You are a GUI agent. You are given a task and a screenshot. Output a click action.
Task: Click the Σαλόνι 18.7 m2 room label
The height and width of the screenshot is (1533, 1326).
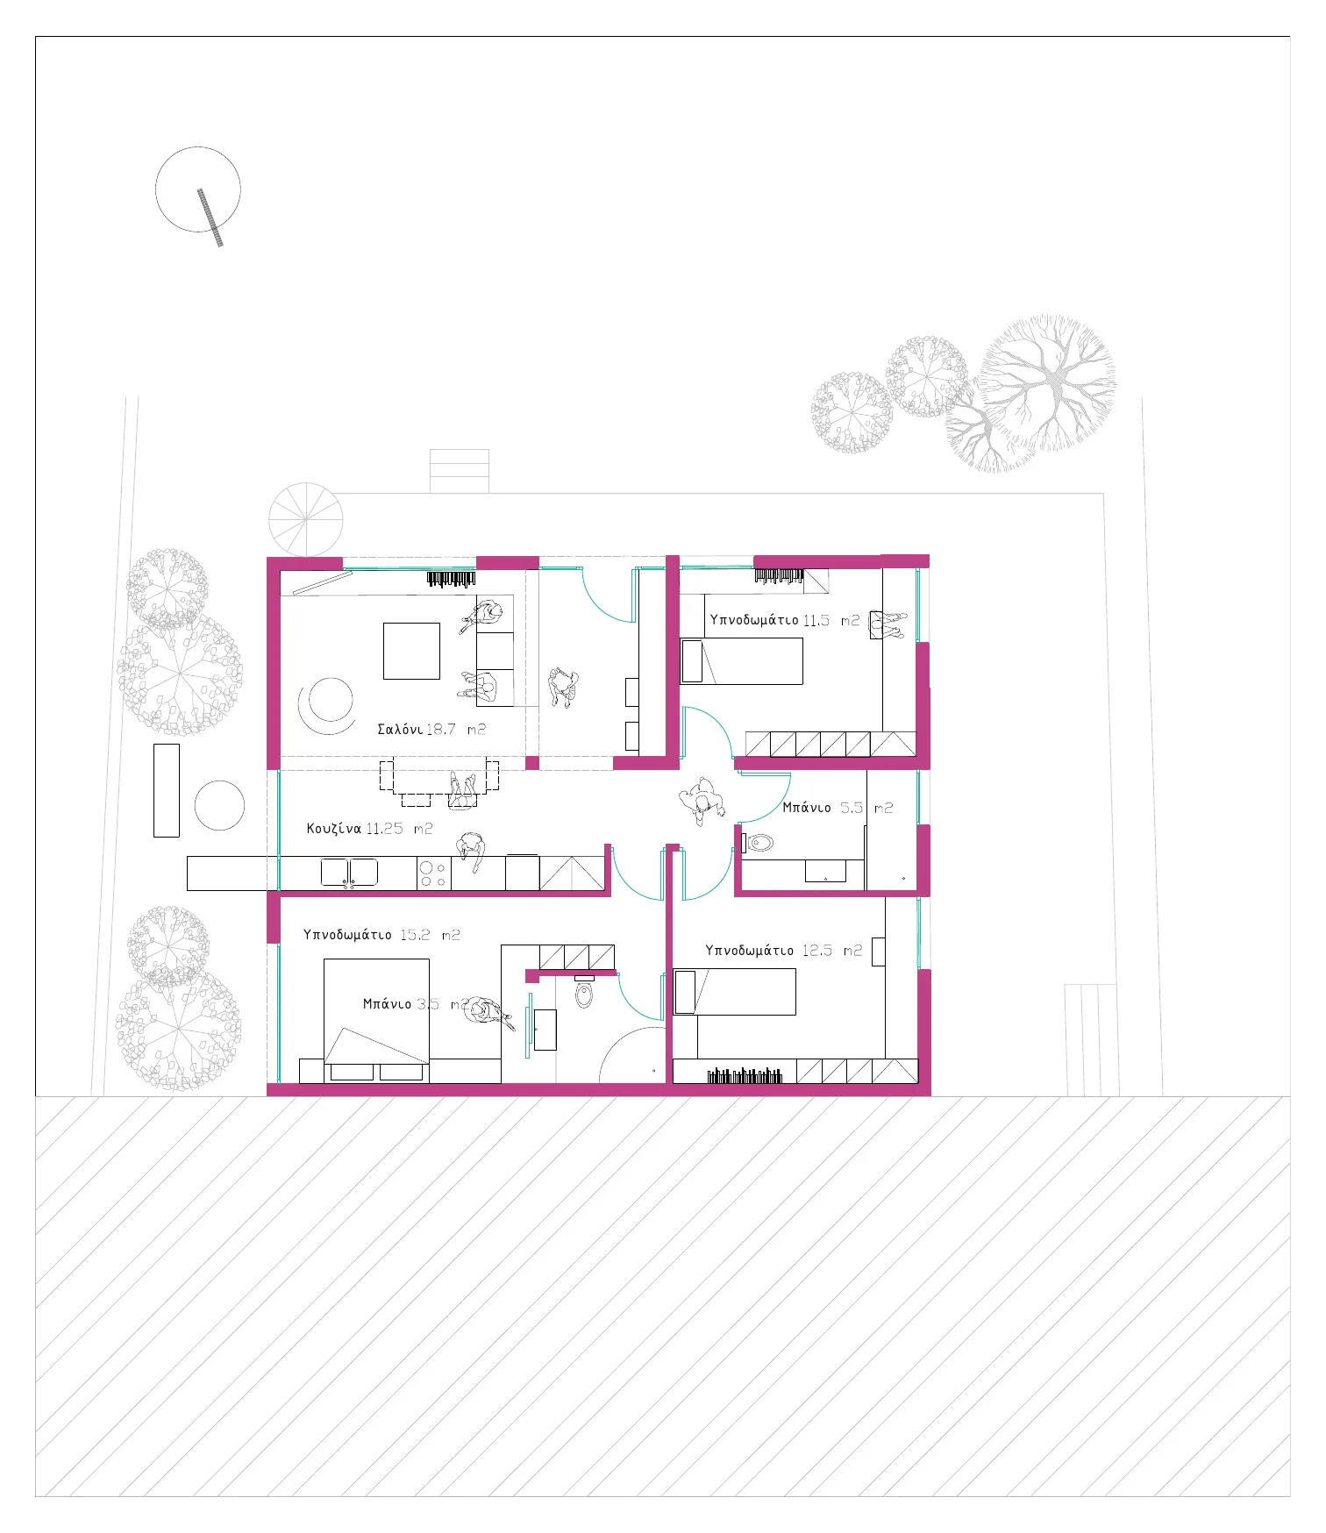(431, 729)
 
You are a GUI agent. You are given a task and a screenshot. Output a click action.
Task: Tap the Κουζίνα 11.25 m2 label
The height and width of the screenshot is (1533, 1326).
(369, 828)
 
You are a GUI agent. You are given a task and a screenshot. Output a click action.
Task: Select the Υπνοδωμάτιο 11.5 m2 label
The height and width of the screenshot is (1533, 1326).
(785, 620)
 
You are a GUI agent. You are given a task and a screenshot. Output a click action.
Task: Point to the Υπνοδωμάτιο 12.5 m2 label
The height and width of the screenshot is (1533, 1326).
(784, 951)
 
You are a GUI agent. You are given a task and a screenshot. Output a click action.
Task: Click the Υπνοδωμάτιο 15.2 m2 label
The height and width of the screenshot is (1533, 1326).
(381, 935)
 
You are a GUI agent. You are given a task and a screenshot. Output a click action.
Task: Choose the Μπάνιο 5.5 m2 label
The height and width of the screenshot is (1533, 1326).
(838, 808)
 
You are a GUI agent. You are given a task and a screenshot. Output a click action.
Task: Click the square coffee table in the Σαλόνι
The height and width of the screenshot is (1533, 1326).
(411, 651)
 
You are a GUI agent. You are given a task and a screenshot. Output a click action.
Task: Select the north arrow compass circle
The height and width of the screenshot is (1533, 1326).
(198, 189)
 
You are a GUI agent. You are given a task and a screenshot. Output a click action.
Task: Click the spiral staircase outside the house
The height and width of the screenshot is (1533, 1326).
(305, 519)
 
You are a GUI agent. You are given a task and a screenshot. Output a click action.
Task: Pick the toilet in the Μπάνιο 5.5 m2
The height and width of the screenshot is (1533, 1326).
(759, 843)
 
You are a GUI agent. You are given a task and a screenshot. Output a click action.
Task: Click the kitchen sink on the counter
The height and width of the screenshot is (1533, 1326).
(349, 873)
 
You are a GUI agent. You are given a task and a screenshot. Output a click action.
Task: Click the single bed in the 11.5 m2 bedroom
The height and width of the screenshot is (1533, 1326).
(742, 661)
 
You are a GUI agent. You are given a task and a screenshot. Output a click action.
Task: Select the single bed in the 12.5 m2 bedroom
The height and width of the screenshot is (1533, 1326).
(734, 992)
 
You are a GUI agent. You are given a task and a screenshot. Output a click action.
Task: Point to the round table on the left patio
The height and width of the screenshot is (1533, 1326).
(219, 805)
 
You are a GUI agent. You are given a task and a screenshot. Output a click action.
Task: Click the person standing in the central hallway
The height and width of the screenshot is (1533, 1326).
(702, 801)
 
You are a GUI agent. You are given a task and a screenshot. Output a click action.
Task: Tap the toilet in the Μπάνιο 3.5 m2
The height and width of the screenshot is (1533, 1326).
(584, 991)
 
